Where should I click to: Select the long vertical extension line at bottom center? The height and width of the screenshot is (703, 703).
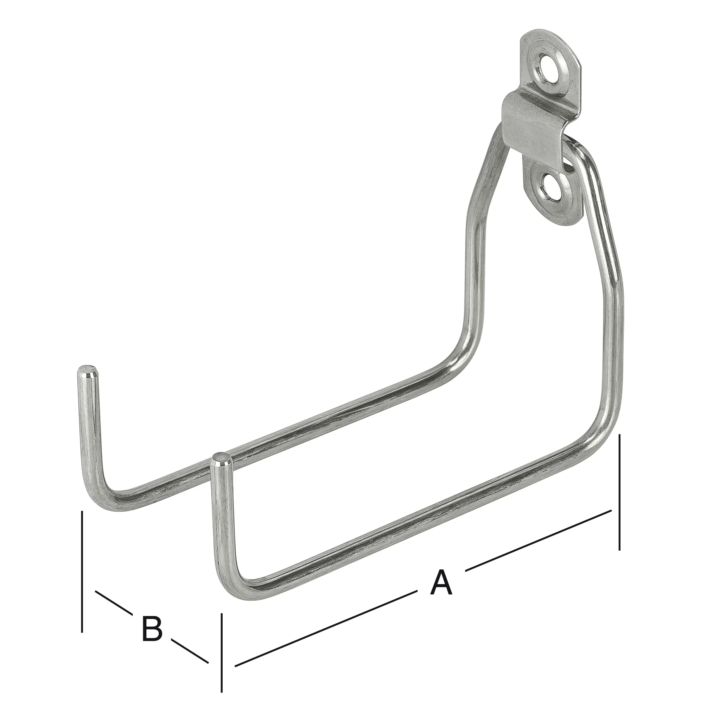click(x=222, y=655)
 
